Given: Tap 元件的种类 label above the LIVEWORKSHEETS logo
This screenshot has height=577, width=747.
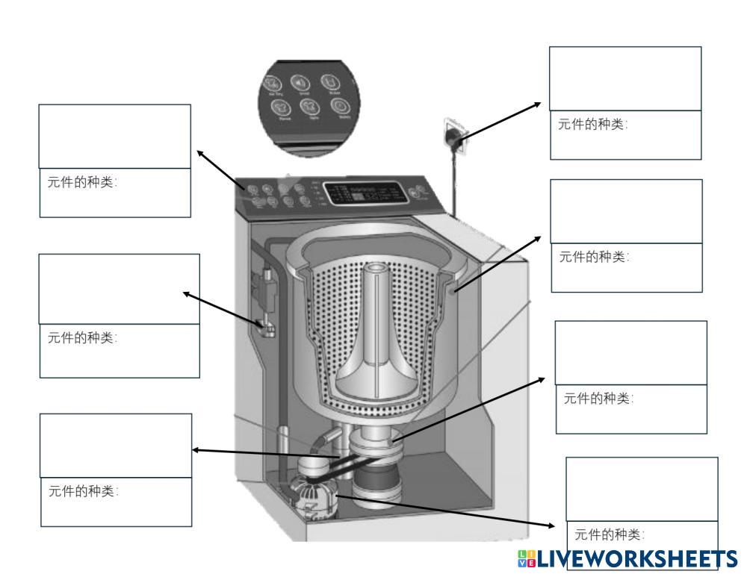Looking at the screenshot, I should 609,534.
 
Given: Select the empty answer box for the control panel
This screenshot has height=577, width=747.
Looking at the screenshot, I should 115,136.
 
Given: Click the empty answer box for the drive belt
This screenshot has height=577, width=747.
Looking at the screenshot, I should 116,446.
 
